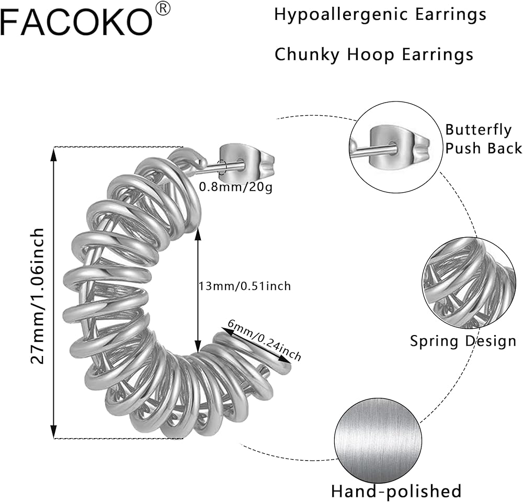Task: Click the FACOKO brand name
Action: coord(76,22)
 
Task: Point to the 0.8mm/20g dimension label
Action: coord(236,187)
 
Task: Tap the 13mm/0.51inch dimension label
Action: coord(244,286)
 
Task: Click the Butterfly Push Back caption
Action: coord(483,139)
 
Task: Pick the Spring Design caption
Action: coord(463,341)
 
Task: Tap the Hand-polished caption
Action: coord(396,491)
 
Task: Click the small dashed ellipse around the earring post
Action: coord(222,167)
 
